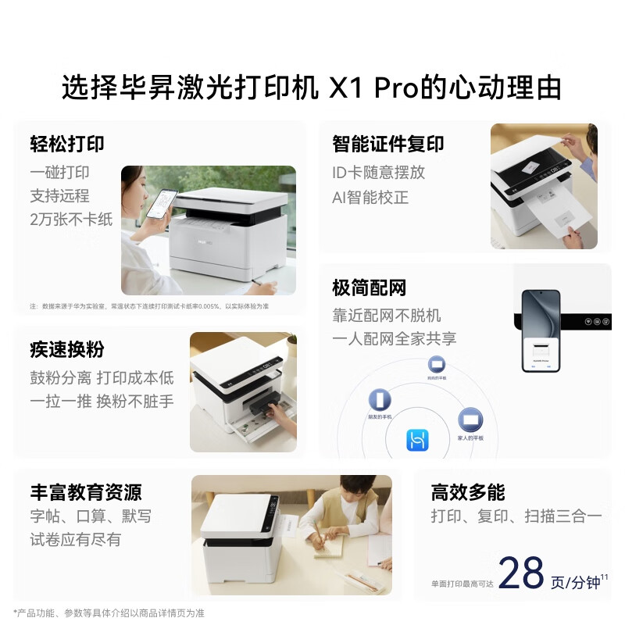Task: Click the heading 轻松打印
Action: (x=67, y=144)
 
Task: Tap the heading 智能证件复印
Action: (x=388, y=144)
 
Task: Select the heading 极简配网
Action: (x=370, y=288)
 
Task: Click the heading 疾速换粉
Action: (x=67, y=349)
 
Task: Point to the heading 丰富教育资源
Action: (x=86, y=492)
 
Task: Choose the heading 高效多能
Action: (x=468, y=492)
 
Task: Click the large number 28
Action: (x=521, y=574)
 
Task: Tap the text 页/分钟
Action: (x=575, y=582)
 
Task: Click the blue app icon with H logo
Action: (x=417, y=441)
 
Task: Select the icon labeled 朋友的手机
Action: (x=380, y=400)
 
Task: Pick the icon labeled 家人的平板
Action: (x=470, y=420)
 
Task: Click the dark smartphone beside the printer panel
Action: (x=541, y=330)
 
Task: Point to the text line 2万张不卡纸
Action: (x=71, y=219)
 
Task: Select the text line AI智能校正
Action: (x=370, y=197)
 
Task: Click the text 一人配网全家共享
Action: (x=395, y=338)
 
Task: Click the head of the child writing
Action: (x=337, y=495)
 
